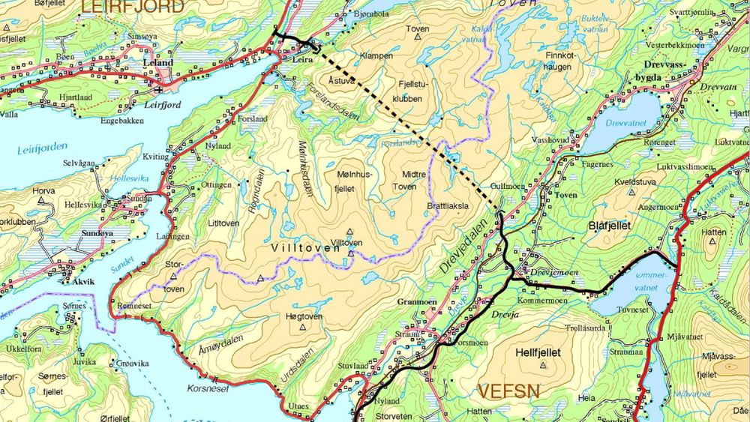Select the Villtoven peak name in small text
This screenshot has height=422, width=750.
[346, 243]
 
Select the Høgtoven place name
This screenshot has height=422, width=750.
[304, 316]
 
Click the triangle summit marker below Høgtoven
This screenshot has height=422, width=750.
[304, 328]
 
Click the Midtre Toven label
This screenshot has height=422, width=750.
[409, 178]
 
